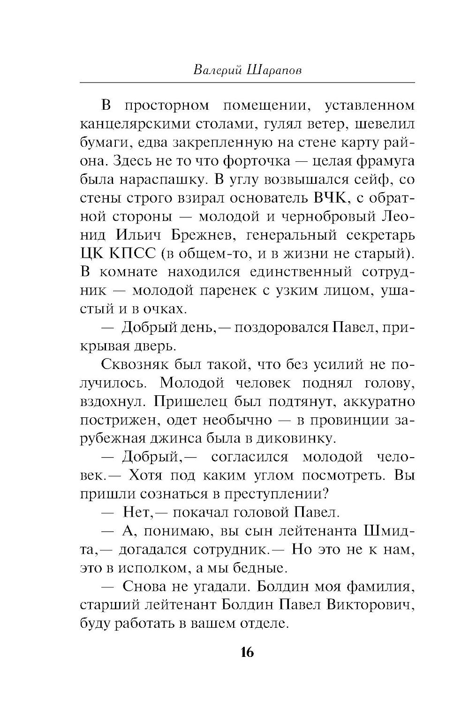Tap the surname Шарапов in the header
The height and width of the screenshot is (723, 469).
tap(274, 70)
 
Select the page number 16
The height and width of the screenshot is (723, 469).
tap(247, 652)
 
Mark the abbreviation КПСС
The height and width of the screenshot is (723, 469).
tap(132, 254)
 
